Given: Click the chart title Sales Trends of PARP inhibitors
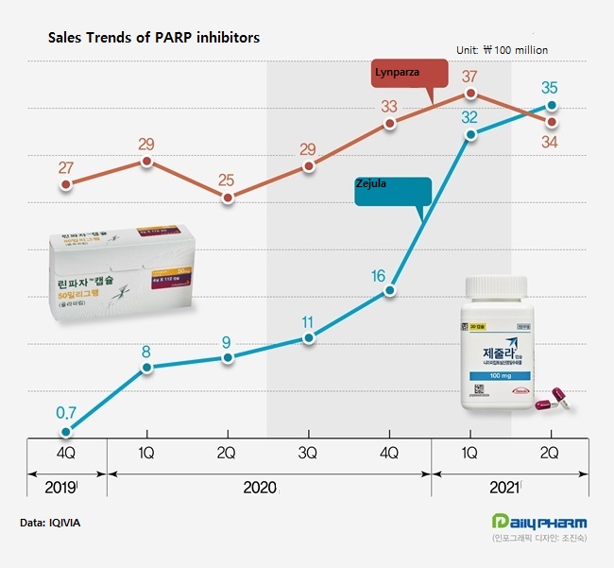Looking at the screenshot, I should (154, 38).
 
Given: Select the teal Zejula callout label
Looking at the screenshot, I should (393, 188).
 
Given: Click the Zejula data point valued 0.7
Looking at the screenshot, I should (66, 431).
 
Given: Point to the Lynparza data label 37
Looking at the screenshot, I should (469, 76).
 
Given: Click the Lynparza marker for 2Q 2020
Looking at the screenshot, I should (228, 198).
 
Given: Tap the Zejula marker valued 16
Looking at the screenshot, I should (389, 292).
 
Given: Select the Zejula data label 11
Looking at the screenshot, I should (308, 322).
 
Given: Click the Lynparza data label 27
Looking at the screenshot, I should (66, 168).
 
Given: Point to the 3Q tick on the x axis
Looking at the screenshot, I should (308, 453).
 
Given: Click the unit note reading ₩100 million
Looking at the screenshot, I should (502, 49).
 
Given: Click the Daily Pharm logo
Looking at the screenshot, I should (539, 523).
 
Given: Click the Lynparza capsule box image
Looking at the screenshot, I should (125, 269).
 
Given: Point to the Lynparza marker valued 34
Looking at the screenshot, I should (552, 122).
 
